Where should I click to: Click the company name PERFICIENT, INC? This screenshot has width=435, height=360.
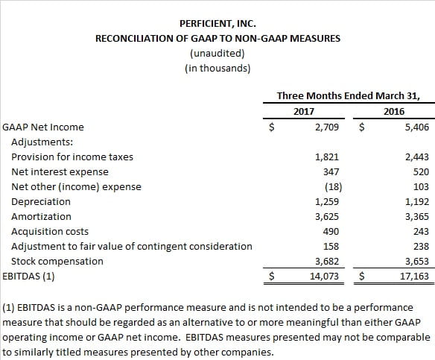coord(217,24)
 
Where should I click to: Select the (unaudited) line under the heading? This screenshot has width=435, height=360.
coord(217,54)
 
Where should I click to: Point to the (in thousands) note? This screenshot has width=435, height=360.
coord(217,69)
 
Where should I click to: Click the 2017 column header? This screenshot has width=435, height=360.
coord(304,112)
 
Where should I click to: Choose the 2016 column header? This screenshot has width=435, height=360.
coord(394,112)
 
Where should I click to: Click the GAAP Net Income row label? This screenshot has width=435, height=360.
coord(43,127)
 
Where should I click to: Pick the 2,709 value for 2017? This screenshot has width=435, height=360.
coord(327,127)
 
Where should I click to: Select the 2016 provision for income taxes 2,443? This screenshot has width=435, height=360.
coord(417,157)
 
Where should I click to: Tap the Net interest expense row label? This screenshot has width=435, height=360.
coord(60,172)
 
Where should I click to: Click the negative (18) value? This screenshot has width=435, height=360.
coord(333,187)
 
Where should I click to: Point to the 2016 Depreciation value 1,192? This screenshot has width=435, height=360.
coord(417,202)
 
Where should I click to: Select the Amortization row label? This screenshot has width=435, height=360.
coord(41,217)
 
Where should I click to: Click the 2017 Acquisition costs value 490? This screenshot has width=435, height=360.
coord(331,232)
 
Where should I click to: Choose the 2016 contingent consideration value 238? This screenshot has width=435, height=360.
coord(421,247)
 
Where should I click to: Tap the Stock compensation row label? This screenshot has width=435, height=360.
coord(57,262)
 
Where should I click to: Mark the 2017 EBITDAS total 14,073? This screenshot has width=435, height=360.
coord(324,277)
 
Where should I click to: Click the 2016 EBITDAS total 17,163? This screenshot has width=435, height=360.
coord(414,277)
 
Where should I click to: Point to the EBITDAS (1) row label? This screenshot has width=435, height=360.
coord(28,277)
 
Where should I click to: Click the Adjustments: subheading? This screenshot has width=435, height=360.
coord(42,142)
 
